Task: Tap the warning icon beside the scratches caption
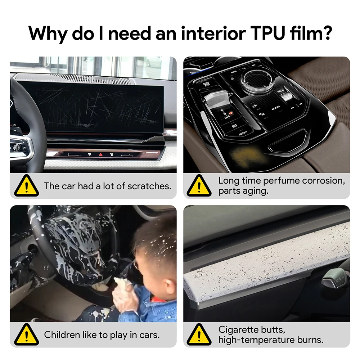[x=26, y=186]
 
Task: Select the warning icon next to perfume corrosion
[x=199, y=186]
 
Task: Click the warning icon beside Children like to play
[x=26, y=334]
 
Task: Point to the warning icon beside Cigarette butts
[x=199, y=334]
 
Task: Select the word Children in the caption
[x=60, y=335]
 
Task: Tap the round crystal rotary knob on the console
[x=257, y=79]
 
